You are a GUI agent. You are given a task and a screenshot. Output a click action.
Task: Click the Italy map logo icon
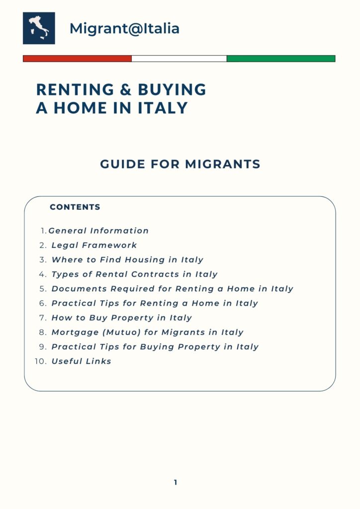click(x=39, y=28)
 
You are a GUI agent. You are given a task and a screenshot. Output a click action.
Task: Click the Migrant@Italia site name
click(x=124, y=28)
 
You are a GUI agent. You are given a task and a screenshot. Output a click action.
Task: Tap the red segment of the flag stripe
click(x=77, y=59)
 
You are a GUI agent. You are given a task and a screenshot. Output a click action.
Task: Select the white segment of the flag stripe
click(x=179, y=59)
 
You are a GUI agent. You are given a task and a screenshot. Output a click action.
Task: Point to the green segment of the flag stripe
click(x=281, y=59)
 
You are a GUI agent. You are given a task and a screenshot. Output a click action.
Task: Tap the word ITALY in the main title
click(x=164, y=108)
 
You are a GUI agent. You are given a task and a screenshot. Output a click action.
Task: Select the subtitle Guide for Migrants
click(x=180, y=164)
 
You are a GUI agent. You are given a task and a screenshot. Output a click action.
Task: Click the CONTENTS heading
click(x=75, y=207)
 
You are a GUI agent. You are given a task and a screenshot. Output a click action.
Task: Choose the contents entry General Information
click(x=98, y=231)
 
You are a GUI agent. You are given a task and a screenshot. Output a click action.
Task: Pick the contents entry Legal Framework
click(x=94, y=245)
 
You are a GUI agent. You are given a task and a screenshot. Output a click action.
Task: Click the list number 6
click(x=42, y=303)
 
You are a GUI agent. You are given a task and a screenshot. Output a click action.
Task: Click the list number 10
click(x=40, y=361)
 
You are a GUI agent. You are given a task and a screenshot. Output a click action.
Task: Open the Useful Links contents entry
click(x=81, y=361)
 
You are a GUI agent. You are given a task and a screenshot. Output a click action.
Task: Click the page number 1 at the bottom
click(x=176, y=482)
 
